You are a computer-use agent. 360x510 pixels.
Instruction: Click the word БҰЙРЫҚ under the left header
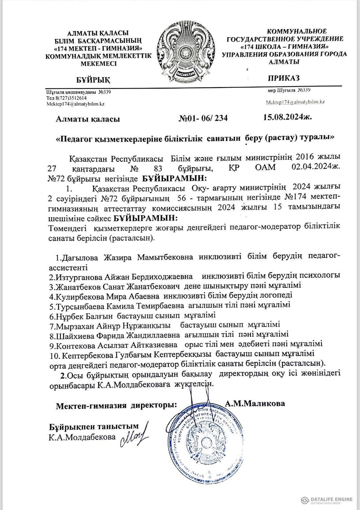93,80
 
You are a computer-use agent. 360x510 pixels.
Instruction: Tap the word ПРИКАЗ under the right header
284,78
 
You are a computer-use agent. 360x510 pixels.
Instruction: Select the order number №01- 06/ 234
203,118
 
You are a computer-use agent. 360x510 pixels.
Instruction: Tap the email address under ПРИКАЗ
295,102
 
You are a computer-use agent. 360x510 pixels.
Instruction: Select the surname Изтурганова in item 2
78,276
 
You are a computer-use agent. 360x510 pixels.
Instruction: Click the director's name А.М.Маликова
255,403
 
